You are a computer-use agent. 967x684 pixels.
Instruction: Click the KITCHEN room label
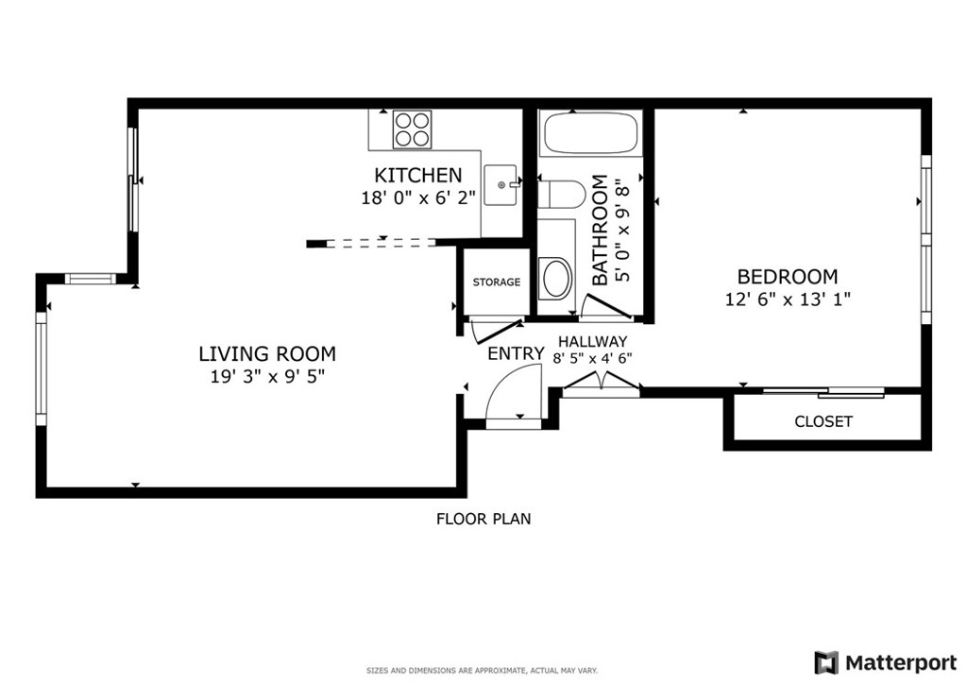point(418,175)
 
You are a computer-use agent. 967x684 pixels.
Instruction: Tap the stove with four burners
point(412,129)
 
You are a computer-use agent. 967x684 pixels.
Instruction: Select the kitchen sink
point(501,184)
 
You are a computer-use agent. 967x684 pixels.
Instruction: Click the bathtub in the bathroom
point(589,133)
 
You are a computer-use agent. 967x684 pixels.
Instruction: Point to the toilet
point(561,195)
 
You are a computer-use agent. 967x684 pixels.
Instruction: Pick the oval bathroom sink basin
point(555,278)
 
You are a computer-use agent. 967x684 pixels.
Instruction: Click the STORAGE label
point(497,282)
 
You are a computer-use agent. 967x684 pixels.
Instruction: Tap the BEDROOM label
point(788,276)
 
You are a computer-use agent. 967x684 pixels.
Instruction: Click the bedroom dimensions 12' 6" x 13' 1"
point(788,299)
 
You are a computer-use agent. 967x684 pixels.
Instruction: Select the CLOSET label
point(823,422)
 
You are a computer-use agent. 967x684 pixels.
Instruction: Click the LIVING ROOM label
point(267,354)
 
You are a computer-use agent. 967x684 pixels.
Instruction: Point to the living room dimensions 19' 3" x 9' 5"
point(267,376)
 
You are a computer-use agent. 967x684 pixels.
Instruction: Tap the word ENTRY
point(517,354)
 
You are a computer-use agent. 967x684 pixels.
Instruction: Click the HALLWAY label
point(593,342)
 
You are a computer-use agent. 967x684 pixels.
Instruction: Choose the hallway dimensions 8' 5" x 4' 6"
point(593,358)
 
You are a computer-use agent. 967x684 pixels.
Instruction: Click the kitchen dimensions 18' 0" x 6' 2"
point(418,198)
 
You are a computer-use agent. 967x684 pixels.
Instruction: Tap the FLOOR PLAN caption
point(483,520)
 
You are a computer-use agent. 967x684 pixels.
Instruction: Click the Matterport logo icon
point(825,663)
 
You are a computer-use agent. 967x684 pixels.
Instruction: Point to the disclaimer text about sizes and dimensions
point(483,671)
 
